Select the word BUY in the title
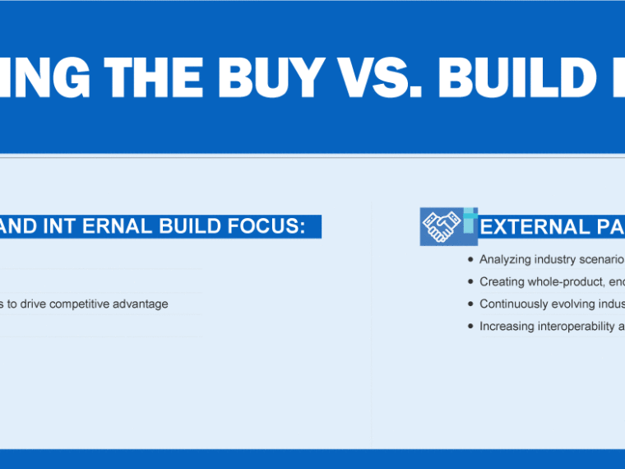pyautogui.click(x=271, y=77)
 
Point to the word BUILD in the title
pyautogui.click(x=517, y=77)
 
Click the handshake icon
pyautogui.click(x=441, y=227)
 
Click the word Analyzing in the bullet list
pyautogui.click(x=505, y=260)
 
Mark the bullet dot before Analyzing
pyautogui.click(x=470, y=260)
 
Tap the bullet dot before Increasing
pyautogui.click(x=470, y=326)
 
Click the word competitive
pyautogui.click(x=79, y=304)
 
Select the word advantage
pyautogui.click(x=141, y=304)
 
